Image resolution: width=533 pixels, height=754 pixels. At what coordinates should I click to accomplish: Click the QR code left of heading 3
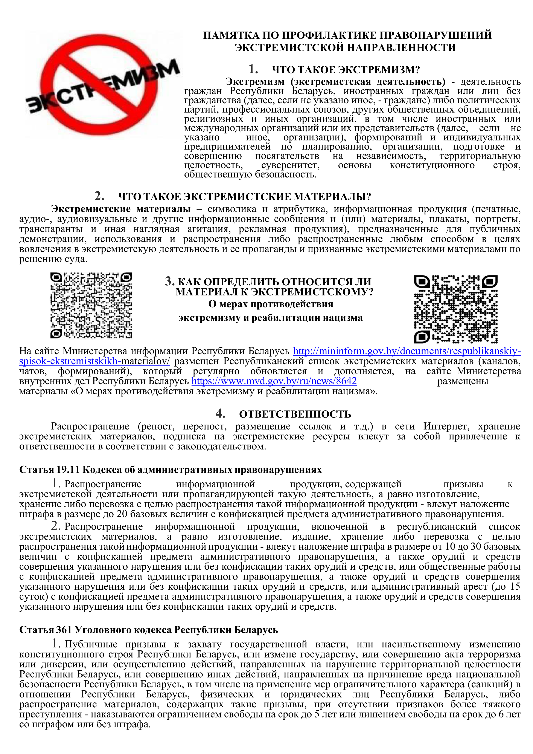91,305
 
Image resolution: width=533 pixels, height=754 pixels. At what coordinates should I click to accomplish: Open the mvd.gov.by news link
274,381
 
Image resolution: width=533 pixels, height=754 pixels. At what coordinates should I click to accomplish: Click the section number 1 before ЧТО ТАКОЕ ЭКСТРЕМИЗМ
253,69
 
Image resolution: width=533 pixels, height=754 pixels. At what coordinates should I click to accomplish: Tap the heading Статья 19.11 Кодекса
170,470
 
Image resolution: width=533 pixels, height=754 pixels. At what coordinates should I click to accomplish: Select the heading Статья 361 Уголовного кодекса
148,630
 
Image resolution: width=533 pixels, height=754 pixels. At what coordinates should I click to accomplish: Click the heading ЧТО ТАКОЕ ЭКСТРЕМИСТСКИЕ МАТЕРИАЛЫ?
245,197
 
